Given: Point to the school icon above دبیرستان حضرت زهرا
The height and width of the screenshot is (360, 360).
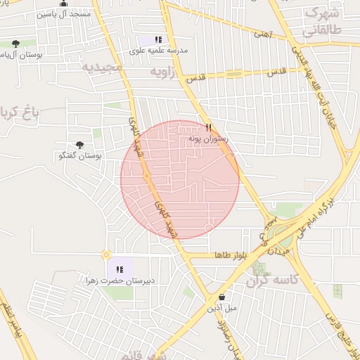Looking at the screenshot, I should [119, 269].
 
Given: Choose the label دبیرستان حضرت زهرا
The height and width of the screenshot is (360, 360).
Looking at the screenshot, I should [119, 281].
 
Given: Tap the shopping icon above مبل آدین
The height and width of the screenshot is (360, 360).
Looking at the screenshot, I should [222, 297].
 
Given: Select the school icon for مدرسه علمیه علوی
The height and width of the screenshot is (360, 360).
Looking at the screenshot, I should [158, 40].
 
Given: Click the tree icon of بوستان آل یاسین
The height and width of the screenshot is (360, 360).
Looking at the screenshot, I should [15, 44].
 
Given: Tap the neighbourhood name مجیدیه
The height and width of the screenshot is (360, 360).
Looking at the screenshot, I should [102, 66].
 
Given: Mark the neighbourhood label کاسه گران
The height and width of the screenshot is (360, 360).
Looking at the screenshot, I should [274, 281].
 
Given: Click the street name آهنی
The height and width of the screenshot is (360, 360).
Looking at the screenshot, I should [261, 32].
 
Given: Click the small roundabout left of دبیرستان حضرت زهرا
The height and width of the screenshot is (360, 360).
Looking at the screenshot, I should [107, 255].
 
